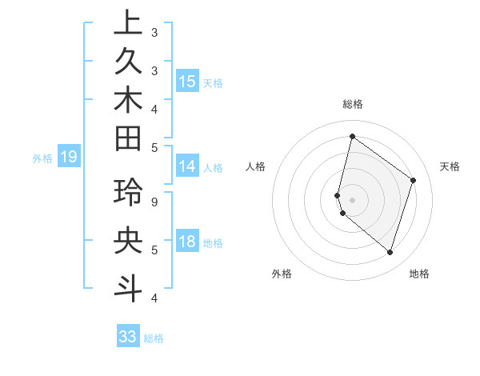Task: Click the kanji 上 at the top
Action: [128, 24]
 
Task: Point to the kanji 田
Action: [128, 141]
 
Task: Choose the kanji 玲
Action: [128, 194]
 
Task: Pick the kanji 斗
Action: [128, 286]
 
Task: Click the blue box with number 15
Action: [187, 82]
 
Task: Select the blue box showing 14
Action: [187, 166]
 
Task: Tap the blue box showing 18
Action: [187, 242]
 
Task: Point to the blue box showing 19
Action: [69, 157]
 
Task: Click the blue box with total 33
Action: [128, 337]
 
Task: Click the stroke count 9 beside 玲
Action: [154, 202]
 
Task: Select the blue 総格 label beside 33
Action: [154, 338]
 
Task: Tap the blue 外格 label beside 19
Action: [42, 158]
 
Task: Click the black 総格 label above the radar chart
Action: [352, 104]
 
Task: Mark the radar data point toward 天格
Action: [413, 180]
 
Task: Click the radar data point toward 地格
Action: [390, 252]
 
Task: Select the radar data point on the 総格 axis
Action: [352, 136]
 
